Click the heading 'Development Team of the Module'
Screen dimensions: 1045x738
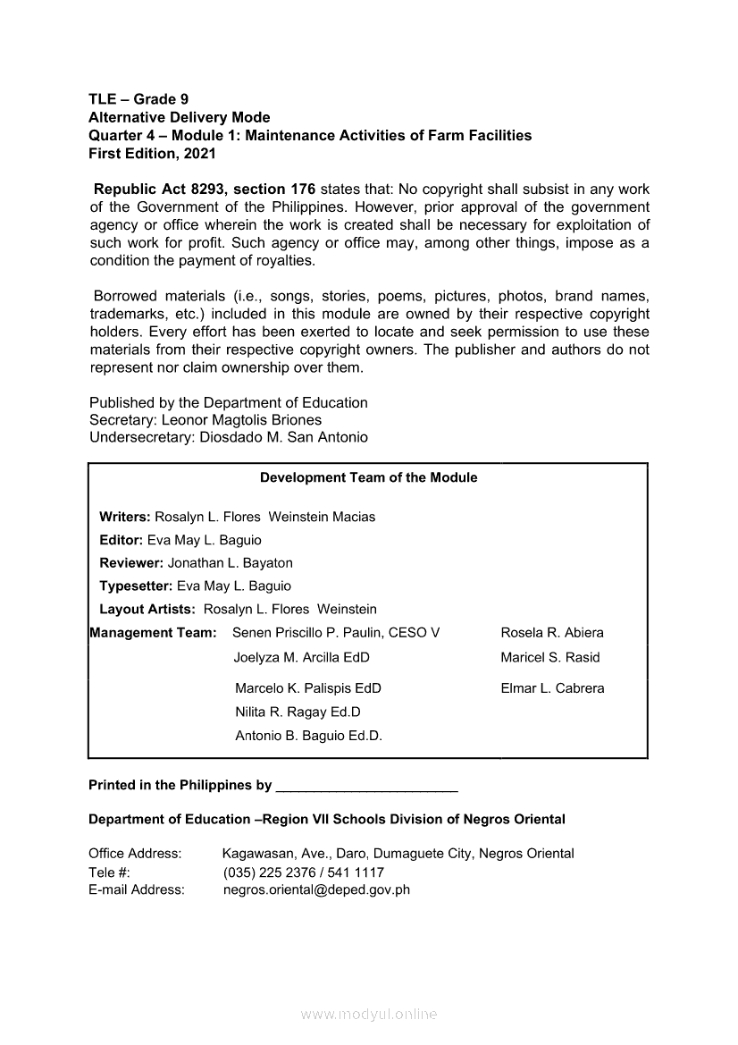368,477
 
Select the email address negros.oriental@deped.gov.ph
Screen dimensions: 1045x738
316,889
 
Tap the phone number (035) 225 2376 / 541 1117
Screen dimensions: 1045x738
303,872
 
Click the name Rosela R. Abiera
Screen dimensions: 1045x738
552,633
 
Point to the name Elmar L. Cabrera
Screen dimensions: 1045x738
552,688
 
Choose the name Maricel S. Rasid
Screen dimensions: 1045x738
550,657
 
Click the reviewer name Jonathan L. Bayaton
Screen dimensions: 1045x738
230,563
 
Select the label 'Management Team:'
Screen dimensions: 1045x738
153,633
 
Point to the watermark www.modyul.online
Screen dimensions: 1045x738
368,1015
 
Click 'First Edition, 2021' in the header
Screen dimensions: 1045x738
152,153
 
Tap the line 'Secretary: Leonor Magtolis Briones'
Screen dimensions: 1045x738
205,420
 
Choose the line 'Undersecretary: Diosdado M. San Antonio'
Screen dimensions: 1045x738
229,437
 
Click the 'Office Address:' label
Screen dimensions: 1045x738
135,854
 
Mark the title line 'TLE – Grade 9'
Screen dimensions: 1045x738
138,99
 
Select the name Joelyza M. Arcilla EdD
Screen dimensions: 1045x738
301,657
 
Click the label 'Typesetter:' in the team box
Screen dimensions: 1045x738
136,586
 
